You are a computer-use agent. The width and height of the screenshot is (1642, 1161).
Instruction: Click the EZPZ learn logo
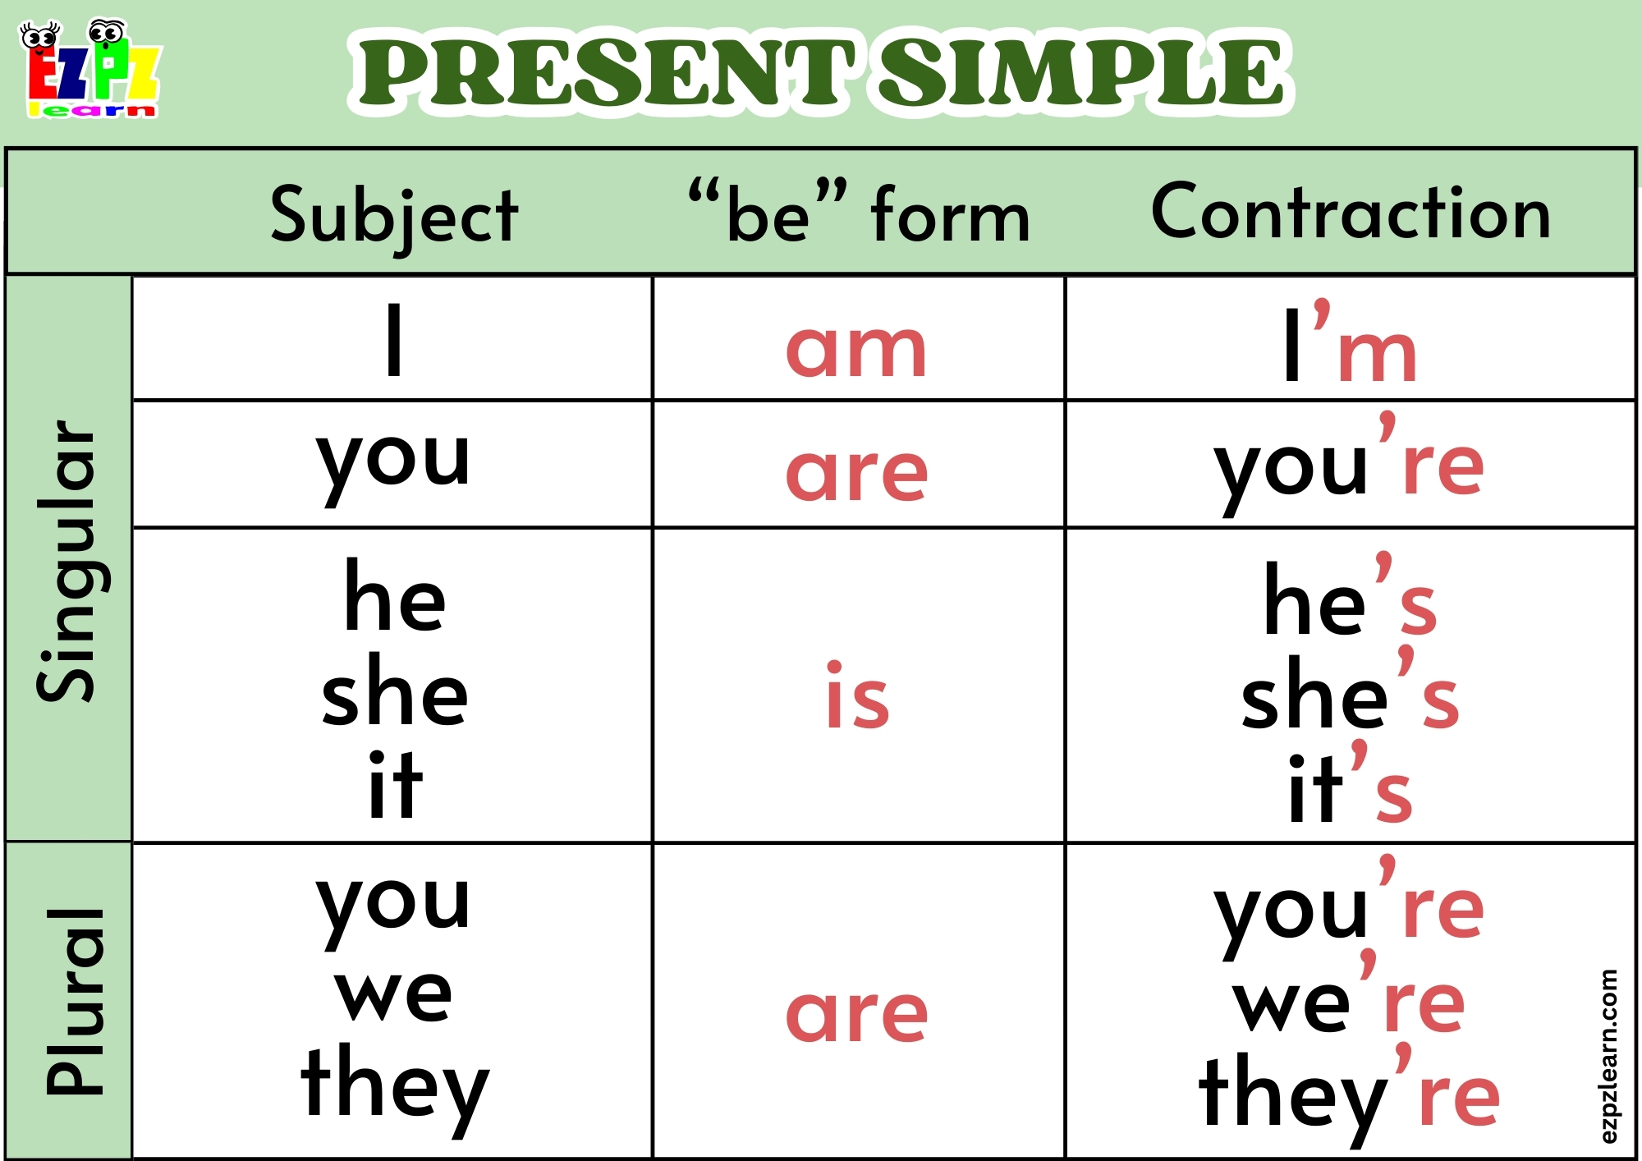(90, 70)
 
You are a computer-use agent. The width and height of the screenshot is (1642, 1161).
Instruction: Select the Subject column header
(394, 215)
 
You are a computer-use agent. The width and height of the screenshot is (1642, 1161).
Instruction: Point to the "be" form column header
(859, 213)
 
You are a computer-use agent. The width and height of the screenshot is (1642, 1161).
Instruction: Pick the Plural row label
(74, 1002)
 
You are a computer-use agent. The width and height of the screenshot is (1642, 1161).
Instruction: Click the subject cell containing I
(394, 338)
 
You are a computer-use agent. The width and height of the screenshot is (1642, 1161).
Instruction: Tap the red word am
(856, 350)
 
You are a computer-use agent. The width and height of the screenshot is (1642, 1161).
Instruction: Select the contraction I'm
(1351, 345)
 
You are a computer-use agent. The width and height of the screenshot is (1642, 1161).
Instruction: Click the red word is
(857, 696)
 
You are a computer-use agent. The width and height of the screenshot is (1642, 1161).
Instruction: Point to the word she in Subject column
(394, 693)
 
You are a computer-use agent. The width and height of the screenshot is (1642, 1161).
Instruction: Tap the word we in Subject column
(394, 994)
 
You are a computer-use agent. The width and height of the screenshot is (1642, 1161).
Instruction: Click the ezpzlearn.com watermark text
(1608, 1056)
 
